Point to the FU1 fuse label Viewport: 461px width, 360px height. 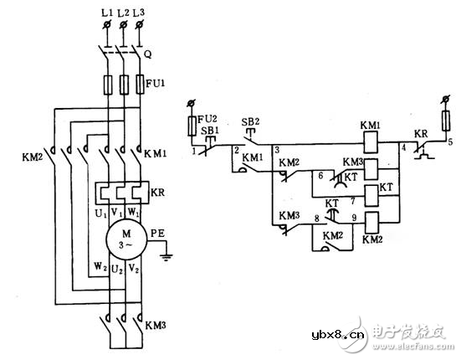coord(154,85)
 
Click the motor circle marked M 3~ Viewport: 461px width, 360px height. coord(123,237)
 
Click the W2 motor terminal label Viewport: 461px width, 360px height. coord(99,269)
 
